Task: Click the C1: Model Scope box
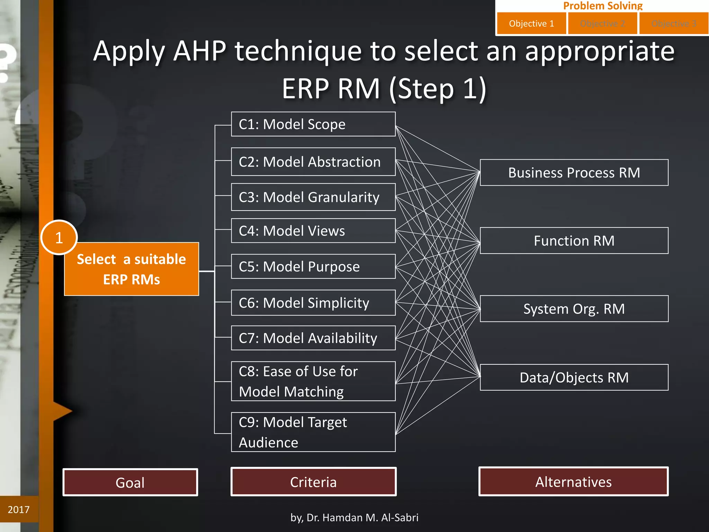coord(313,124)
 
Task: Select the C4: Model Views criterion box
coord(313,231)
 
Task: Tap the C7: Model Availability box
coord(313,338)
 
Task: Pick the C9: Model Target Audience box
coord(313,432)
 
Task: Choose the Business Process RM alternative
coord(574,172)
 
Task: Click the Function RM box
coord(574,241)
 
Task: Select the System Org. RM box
coord(574,309)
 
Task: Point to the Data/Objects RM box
coord(574,377)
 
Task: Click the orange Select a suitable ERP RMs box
coord(132,269)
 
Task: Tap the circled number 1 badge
coord(59,238)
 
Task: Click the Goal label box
coord(130,482)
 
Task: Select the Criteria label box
coord(313,482)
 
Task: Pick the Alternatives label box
coord(573,481)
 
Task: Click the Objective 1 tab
coord(531,24)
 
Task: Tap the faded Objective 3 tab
coord(673,24)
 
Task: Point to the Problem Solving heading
coord(602,6)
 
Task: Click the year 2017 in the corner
coord(19,509)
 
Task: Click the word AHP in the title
coord(200,51)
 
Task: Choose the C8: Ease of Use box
coord(313,381)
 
